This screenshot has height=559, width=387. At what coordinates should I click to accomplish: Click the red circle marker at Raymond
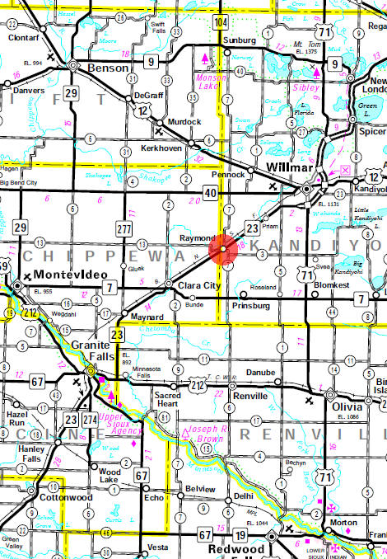click(x=223, y=248)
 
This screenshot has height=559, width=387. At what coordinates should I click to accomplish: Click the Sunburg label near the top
click(x=240, y=39)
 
